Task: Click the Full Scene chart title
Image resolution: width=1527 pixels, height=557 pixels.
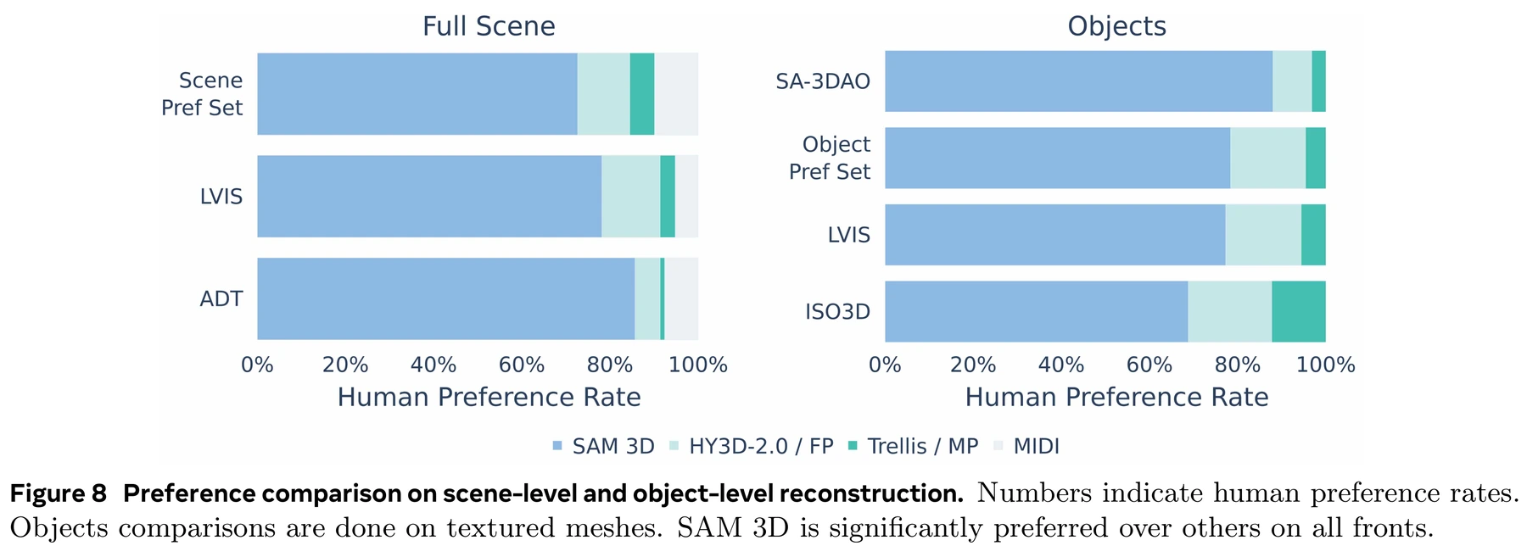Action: pos(489,26)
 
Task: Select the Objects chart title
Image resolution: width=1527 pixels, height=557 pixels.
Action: pos(1116,26)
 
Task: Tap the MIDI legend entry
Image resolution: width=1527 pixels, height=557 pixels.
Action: pos(1026,446)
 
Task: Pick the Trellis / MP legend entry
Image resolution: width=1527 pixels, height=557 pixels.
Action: pos(913,446)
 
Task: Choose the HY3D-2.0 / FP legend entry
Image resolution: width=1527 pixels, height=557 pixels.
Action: pos(752,446)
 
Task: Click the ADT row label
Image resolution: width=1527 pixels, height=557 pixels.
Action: pos(221,298)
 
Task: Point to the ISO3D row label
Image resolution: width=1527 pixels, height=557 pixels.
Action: pos(838,312)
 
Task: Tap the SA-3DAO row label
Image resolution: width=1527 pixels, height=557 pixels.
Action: pos(823,81)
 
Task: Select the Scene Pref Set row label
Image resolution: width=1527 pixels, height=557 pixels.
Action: pos(202,94)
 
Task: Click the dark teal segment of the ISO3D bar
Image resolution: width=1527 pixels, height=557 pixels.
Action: pos(1299,312)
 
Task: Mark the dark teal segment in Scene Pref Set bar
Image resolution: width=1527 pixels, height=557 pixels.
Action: pos(642,94)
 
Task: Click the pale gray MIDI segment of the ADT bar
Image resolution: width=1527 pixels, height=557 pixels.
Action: pos(681,298)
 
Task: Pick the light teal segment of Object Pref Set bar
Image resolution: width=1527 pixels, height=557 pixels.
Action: pos(1268,159)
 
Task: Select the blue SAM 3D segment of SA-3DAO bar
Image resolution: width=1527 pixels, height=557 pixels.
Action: pos(1079,81)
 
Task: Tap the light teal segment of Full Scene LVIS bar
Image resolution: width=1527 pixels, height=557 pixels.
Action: pos(631,196)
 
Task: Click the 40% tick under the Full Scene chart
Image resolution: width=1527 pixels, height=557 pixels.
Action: pos(433,365)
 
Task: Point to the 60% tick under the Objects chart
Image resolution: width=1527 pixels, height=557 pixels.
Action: pos(1149,365)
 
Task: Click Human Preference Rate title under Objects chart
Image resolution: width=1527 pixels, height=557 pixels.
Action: pos(1116,398)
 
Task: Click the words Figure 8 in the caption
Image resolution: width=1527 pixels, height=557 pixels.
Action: pos(59,493)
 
